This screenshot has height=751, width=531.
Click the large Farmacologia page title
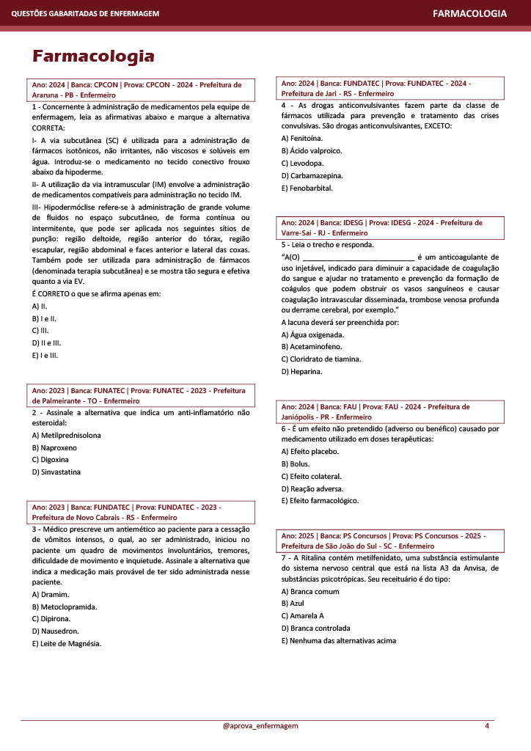click(93, 56)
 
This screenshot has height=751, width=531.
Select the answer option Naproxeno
click(54, 447)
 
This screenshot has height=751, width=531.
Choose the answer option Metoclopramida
click(65, 607)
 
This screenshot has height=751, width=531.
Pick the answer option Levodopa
click(302, 163)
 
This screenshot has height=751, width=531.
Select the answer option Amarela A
click(302, 615)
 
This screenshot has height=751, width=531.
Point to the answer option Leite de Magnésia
click(67, 644)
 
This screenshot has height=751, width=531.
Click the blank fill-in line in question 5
click(358, 257)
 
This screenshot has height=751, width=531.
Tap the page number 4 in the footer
click(487, 726)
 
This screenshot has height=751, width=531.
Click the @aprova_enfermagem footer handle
click(260, 726)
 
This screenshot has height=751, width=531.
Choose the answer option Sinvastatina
click(57, 472)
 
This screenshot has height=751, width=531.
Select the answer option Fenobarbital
click(307, 188)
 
